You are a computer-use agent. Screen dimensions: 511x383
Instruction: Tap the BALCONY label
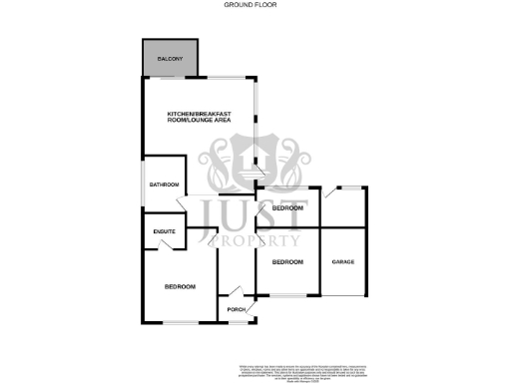pos(171,61)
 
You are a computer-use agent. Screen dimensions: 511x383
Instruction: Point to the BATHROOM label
pos(164,185)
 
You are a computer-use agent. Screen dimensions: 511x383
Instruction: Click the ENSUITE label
pos(165,232)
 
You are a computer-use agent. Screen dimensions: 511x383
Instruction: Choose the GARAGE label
pos(343,262)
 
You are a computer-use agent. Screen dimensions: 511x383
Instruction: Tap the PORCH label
pos(237,310)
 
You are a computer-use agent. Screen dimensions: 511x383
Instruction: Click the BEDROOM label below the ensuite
pos(180,287)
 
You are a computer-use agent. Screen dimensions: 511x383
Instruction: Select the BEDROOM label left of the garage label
pos(287,262)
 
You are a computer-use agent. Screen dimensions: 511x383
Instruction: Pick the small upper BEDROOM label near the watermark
pos(287,207)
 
